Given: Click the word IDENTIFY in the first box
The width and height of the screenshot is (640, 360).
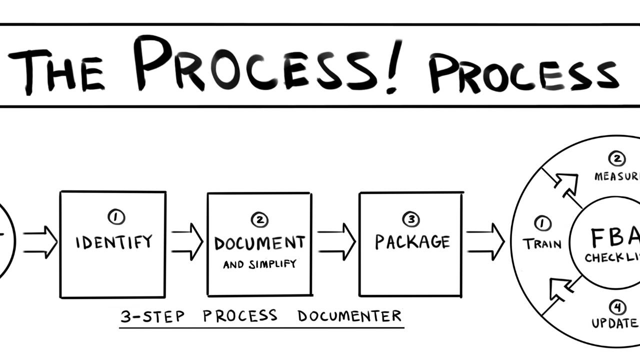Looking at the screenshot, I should pyautogui.click(x=113, y=242).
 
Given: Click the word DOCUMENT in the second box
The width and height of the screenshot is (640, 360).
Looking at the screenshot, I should pyautogui.click(x=259, y=243).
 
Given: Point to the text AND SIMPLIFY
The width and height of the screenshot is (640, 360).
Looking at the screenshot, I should pyautogui.click(x=259, y=264).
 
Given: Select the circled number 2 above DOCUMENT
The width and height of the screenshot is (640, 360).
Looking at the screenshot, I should pyautogui.click(x=259, y=219).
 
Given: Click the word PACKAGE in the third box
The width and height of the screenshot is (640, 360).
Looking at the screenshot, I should pyautogui.click(x=412, y=242).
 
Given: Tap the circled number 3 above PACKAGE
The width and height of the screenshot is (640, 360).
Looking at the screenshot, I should pyautogui.click(x=411, y=219).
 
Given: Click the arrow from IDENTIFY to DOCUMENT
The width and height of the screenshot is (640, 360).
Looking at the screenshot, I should pyautogui.click(x=187, y=242).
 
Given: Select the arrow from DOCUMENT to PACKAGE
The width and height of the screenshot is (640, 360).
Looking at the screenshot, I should pyautogui.click(x=336, y=242).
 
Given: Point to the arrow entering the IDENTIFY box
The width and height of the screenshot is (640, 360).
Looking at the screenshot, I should pyautogui.click(x=40, y=242).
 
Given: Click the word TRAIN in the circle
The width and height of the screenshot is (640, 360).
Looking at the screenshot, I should pyautogui.click(x=542, y=244).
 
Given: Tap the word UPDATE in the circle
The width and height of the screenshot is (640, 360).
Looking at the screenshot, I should pyautogui.click(x=614, y=323).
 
